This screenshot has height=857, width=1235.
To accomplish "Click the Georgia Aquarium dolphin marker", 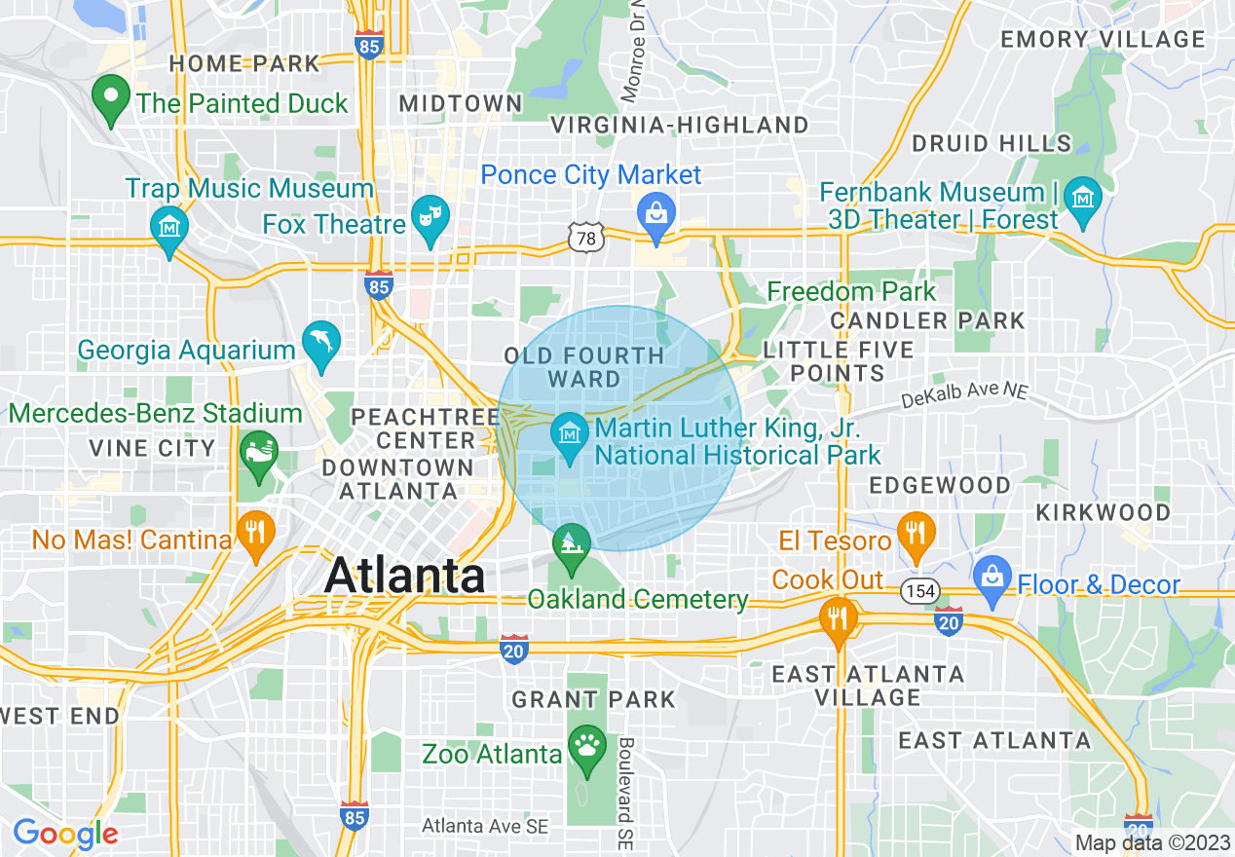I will (321, 342).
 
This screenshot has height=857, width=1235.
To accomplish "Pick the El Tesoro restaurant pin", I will (915, 533).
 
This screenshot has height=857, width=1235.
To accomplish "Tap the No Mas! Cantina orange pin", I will (255, 533).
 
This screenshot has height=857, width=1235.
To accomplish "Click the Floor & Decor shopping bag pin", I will (992, 578).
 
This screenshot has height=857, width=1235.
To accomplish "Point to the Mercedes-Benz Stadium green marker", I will (259, 453).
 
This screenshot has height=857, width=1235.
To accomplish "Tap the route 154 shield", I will (919, 590).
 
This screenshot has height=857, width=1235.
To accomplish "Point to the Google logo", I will (65, 834).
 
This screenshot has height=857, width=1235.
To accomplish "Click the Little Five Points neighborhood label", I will (824, 361).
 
